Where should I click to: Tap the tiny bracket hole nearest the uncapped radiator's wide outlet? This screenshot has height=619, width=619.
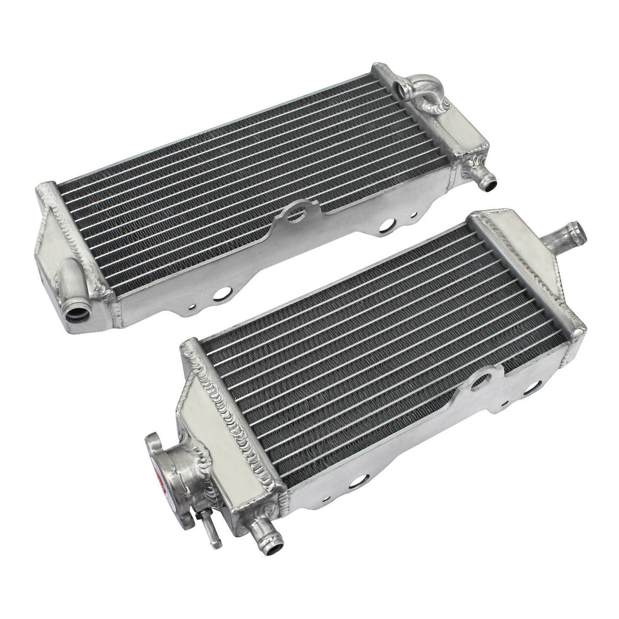pos(192,306)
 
